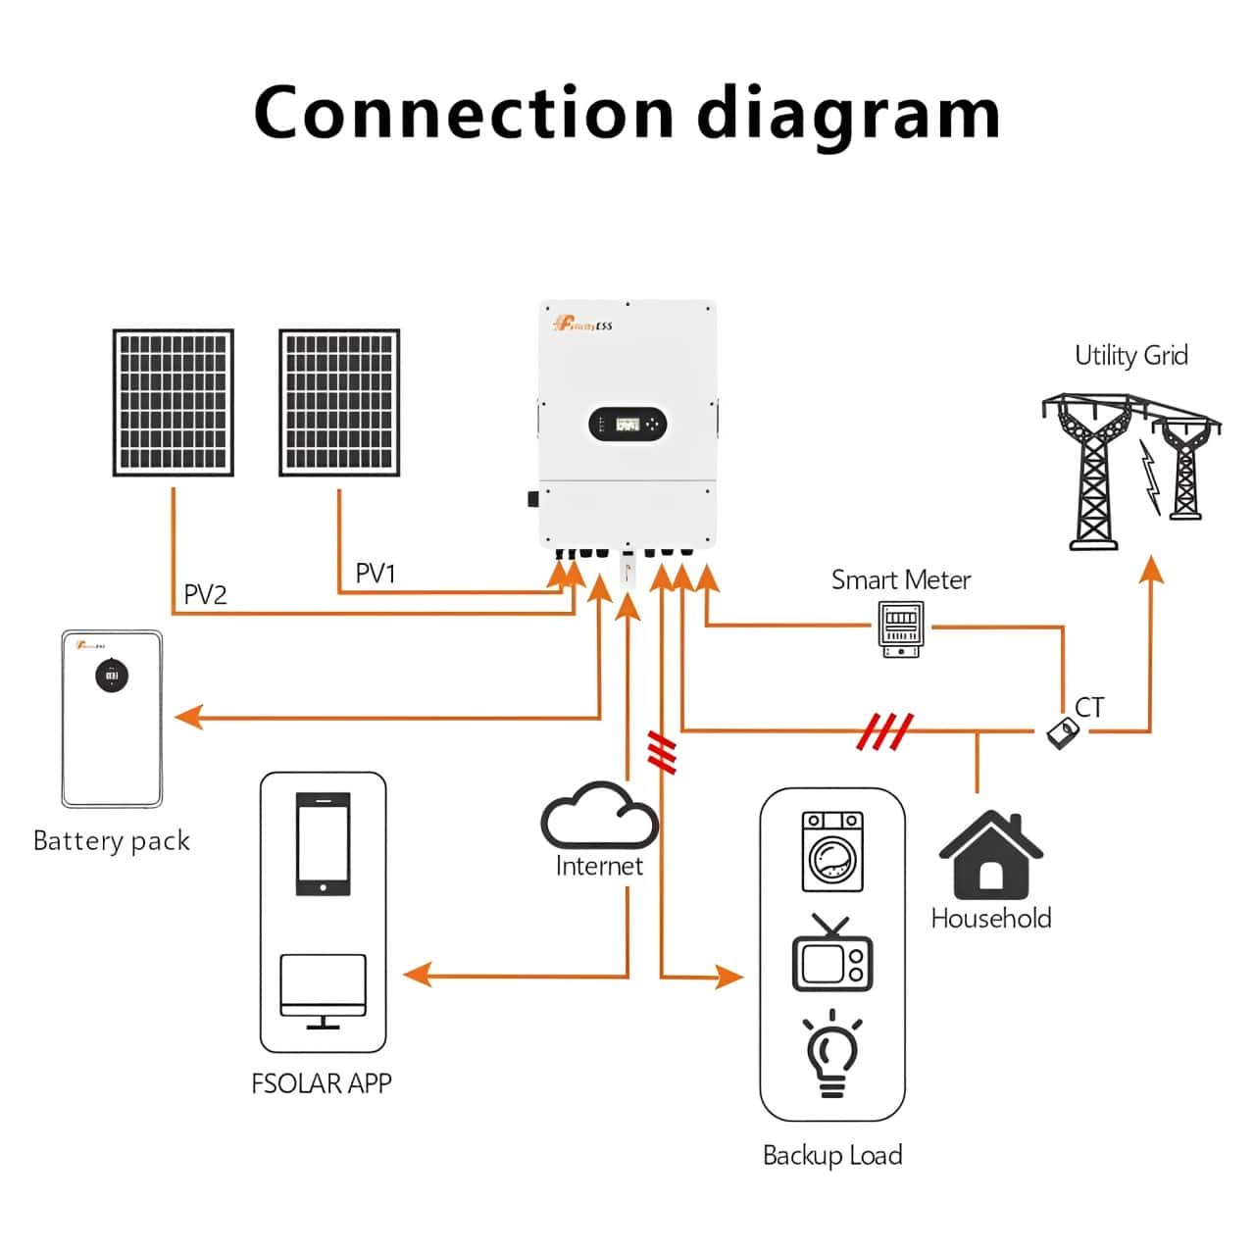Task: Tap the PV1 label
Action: tap(375, 574)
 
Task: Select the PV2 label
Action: tap(205, 595)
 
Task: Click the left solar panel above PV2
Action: tap(174, 403)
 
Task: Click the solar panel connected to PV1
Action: tap(339, 403)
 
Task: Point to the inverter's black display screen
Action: tap(627, 425)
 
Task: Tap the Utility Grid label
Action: tap(1130, 355)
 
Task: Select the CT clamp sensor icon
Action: tap(1060, 732)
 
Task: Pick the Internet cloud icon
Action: tap(598, 816)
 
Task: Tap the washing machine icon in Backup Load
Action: tap(832, 851)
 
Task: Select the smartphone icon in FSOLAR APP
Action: tap(323, 843)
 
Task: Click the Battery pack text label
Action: tap(112, 841)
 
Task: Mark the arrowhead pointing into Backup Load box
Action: tap(728, 977)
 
